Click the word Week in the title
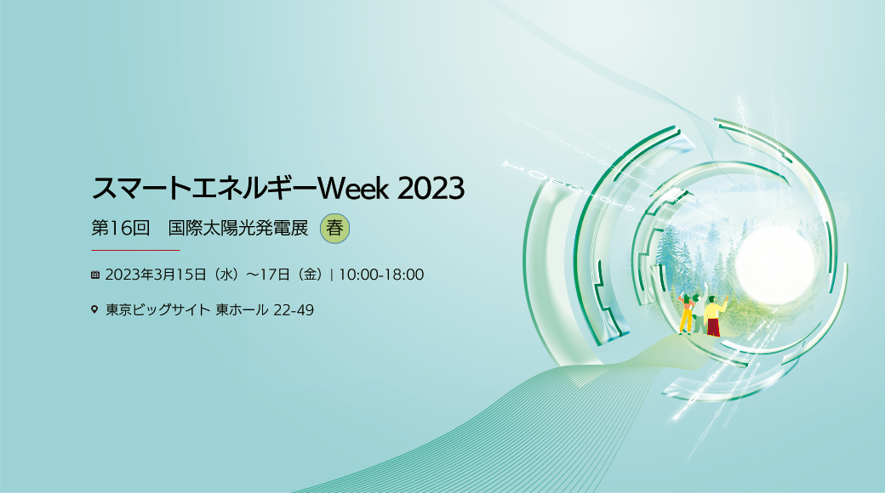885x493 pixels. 353,188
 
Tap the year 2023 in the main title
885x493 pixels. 431,188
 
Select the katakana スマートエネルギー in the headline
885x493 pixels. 204,188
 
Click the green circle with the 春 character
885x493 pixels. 334,229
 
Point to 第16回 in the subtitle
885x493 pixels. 121,229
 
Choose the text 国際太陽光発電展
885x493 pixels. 238,229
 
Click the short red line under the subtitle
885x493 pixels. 135,250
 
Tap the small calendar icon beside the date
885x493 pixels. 94,275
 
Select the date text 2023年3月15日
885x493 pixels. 156,275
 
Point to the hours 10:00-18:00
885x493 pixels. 381,275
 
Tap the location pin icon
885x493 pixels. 94,309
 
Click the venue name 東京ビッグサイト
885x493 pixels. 158,309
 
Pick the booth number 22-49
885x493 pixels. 294,309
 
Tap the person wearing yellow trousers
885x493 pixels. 687,314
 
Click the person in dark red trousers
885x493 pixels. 714,316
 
